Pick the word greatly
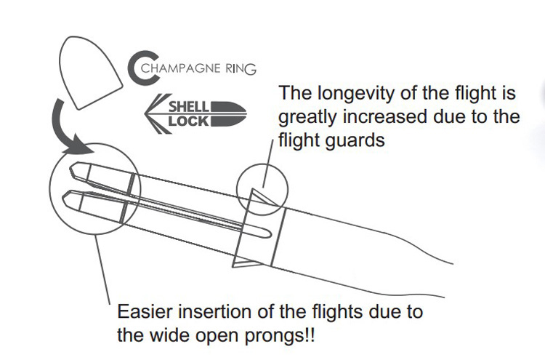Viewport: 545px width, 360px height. [305, 117]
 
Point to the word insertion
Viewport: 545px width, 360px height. [215, 313]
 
